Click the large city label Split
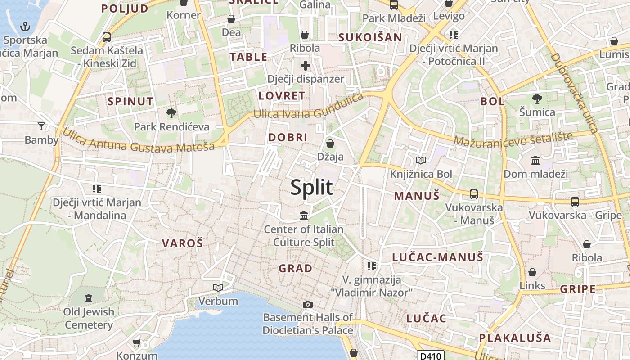coord(311,187)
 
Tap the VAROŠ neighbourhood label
coord(182,243)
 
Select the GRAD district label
coord(295,269)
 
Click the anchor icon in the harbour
coord(25,27)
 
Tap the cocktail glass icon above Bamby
coord(41,126)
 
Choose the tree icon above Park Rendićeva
coord(171,113)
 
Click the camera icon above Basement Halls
coord(308,304)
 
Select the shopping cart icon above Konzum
coord(136,343)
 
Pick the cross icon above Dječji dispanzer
coord(306,66)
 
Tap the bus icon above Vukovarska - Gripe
coord(575,202)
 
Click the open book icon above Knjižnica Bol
coord(421,160)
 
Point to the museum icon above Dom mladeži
coord(535,160)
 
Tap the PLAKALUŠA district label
coord(515,337)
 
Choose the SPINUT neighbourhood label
coord(130,101)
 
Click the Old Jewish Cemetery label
coord(89,318)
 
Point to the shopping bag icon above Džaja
coord(330,144)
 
